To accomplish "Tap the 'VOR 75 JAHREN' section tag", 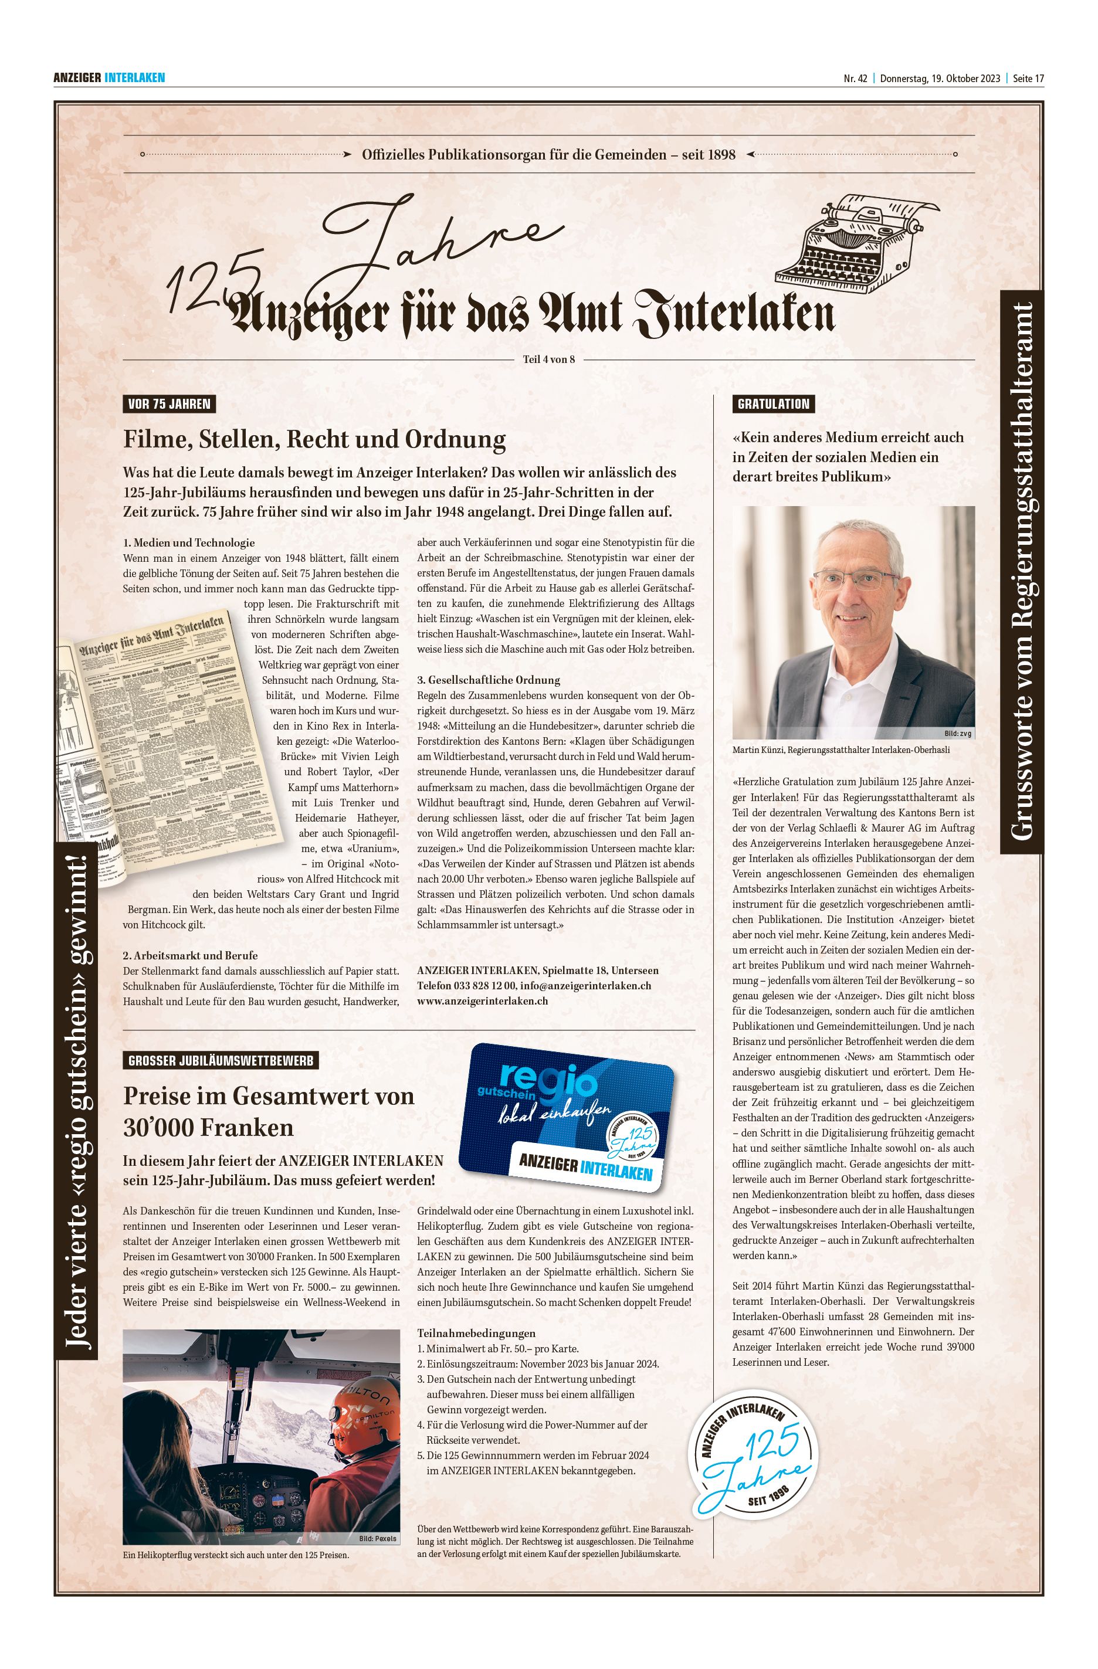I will point(168,404).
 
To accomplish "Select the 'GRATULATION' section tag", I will point(773,404).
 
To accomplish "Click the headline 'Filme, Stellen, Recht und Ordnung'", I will point(314,440).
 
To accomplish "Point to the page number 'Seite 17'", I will point(1028,79).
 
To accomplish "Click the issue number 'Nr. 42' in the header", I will point(856,79).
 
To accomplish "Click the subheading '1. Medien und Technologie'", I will point(189,543).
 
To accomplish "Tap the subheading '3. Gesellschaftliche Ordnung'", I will point(489,680).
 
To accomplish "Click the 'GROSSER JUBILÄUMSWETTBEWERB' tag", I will point(221,1061).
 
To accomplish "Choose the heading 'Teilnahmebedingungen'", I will point(476,1333).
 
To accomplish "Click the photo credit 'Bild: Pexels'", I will point(378,1539).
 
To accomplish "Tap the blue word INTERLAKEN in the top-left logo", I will point(135,78).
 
